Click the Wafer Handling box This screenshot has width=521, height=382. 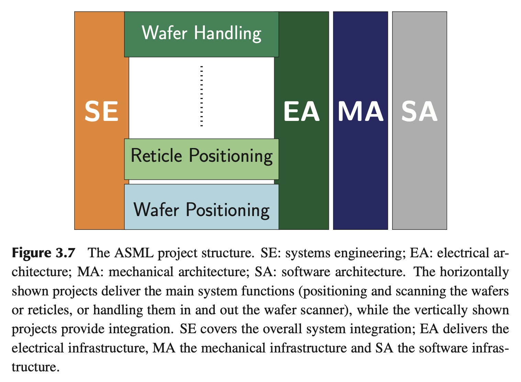pos(201,34)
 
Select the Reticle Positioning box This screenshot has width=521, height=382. pos(201,159)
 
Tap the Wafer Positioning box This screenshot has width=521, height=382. pos(201,207)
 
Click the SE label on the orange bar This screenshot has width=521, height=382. pos(101,112)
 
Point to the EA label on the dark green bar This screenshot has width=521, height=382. pos(301,112)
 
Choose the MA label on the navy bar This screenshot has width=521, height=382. pos(361,112)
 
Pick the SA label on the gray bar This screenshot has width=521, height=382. pos(419,112)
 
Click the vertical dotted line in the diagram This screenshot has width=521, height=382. pos(201,96)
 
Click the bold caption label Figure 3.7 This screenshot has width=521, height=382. pos(43,253)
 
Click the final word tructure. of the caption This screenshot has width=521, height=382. pos(34,367)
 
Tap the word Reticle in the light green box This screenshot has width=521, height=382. pos(156,156)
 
